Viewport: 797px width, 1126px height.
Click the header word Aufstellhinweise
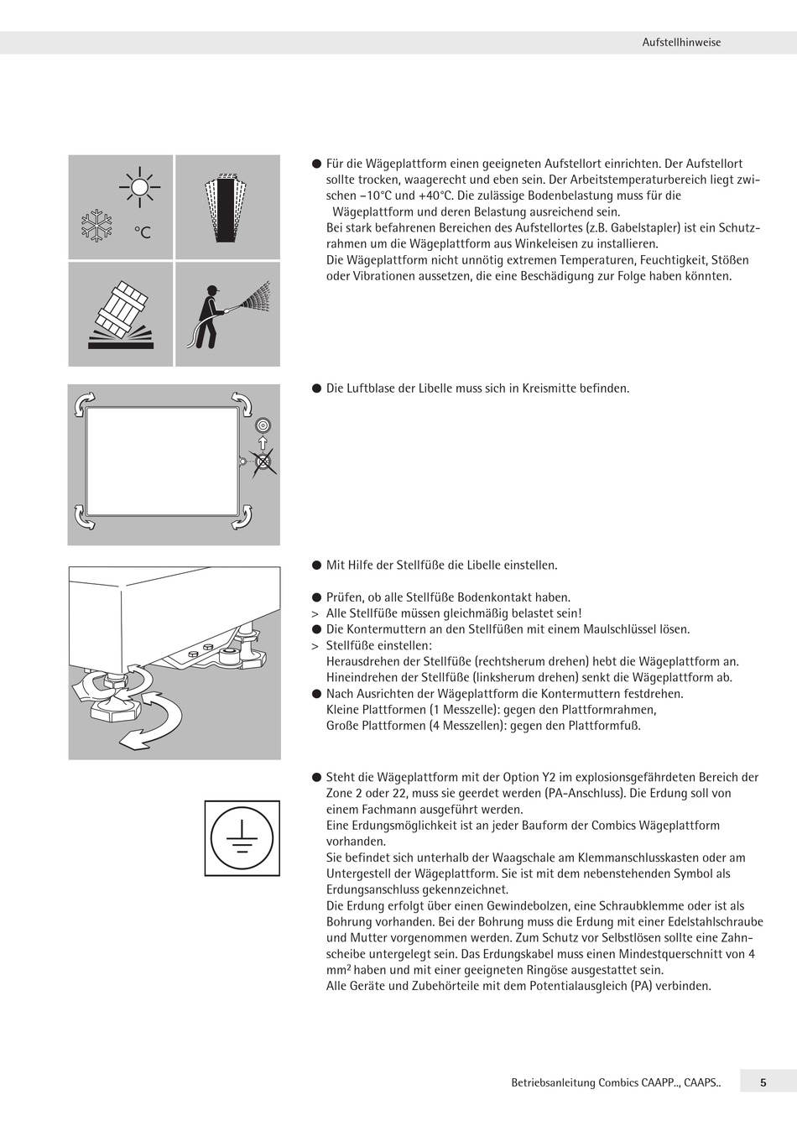pos(681,42)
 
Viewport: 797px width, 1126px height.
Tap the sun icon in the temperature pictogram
pos(139,186)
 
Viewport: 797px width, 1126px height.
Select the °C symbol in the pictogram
pos(143,232)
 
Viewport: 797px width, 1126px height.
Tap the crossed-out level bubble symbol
pos(263,461)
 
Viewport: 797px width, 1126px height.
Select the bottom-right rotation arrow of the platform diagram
pos(242,516)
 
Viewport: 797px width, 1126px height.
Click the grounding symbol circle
pos(242,837)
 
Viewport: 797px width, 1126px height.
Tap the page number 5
pos(763,1082)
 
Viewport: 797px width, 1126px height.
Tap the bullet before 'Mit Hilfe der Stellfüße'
pos(317,566)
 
